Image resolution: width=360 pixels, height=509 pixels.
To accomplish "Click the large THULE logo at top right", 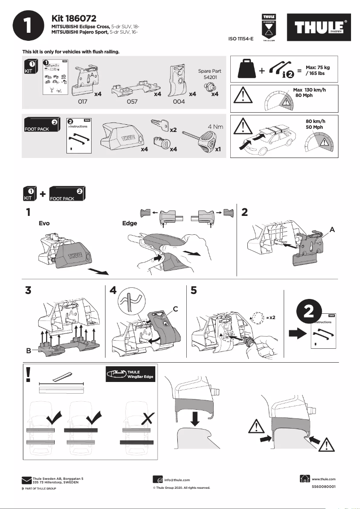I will tap(320, 28).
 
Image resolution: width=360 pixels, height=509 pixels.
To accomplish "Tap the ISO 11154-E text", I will tap(241, 39).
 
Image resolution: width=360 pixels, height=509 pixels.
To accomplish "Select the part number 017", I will tap(82, 102).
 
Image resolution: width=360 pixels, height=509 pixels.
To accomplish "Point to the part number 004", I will tap(179, 102).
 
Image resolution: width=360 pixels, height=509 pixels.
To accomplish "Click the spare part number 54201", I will tap(208, 78).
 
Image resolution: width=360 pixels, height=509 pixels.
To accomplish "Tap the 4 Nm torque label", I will tap(215, 127).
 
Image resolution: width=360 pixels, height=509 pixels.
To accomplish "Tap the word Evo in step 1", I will tap(44, 223).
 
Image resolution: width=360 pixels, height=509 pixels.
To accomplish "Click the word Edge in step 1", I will tap(130, 223).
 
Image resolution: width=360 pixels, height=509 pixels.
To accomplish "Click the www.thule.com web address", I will tap(323, 479).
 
